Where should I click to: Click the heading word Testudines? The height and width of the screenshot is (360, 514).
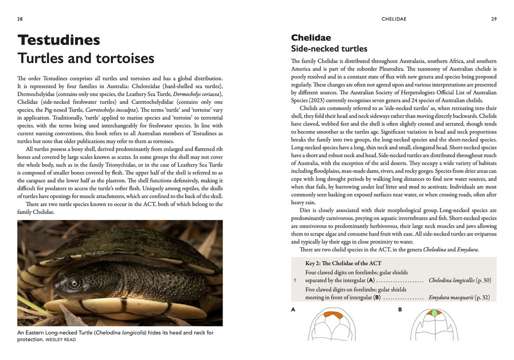pyautogui.click(x=59, y=40)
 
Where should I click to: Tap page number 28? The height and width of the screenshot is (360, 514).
pyautogui.click(x=20, y=19)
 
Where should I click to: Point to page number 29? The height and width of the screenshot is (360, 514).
pyautogui.click(x=494, y=19)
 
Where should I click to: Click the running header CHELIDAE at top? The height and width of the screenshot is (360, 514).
pyautogui.click(x=394, y=19)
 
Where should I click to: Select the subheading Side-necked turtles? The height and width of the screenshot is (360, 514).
pyautogui.click(x=329, y=49)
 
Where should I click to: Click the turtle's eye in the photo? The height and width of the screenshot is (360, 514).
pyautogui.click(x=75, y=282)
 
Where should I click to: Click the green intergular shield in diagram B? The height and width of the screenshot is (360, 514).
pyautogui.click(x=434, y=313)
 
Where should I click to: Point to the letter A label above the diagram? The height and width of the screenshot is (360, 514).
pyautogui.click(x=293, y=310)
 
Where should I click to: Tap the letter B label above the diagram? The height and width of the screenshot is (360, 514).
pyautogui.click(x=400, y=310)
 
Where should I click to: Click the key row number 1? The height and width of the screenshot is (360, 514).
pyautogui.click(x=295, y=281)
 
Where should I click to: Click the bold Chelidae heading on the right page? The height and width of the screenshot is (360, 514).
pyautogui.click(x=311, y=38)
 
